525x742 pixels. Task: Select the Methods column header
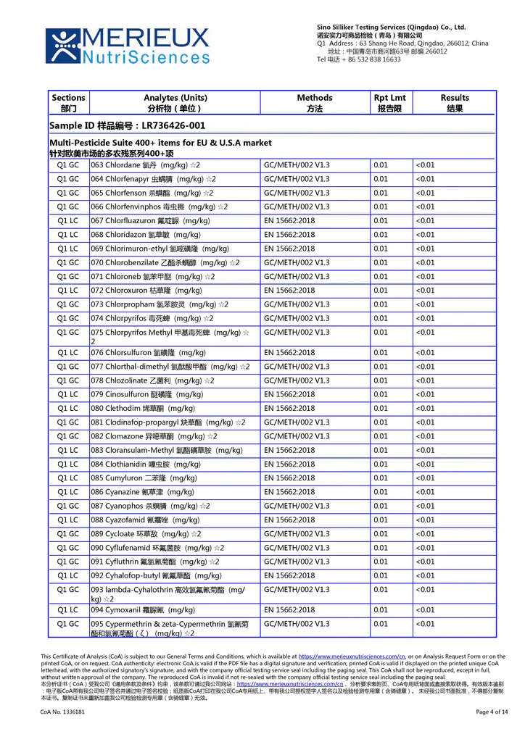pos(315,103)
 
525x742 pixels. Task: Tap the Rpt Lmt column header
pos(390,103)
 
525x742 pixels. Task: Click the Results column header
pos(455,103)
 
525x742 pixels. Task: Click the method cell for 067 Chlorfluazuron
pos(289,221)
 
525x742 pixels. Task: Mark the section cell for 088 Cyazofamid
pos(68,520)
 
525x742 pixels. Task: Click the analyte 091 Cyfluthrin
pos(154,562)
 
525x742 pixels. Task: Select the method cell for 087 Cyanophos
pos(297,506)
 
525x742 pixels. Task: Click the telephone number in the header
pos(359,59)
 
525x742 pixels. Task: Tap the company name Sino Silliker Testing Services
pos(391,27)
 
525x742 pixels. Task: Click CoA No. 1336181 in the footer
pos(62,712)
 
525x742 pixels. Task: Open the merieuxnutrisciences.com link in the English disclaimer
pos(352,656)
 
